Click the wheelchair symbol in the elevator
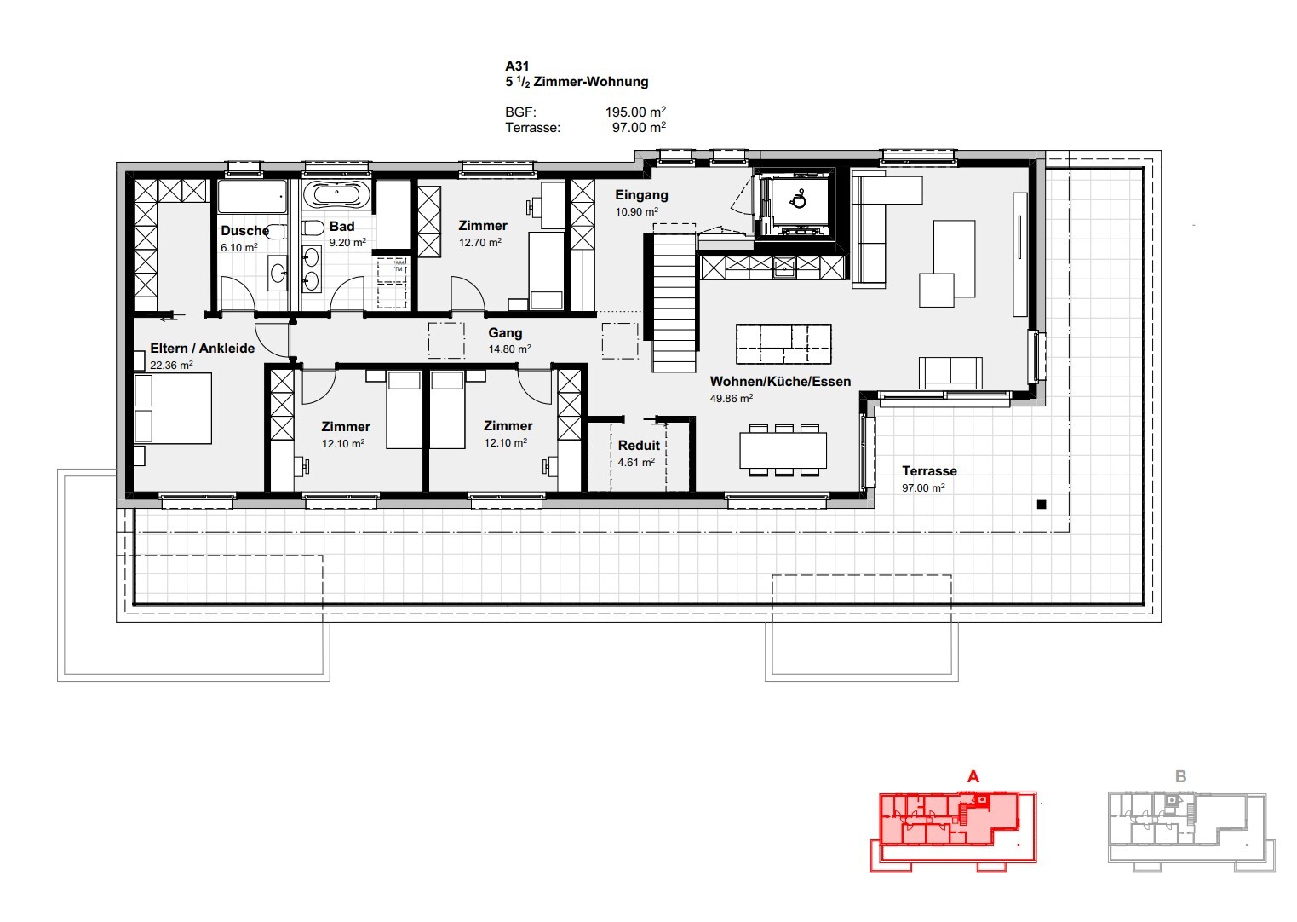click(799, 199)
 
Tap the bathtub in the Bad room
click(336, 193)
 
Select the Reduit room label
click(639, 445)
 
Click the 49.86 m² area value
click(732, 398)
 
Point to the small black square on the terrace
click(1041, 504)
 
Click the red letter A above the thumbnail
click(973, 776)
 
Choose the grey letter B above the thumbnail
click(1180, 776)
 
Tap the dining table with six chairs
click(783, 450)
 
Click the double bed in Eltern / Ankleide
click(172, 408)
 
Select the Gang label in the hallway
click(505, 332)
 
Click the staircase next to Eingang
click(674, 302)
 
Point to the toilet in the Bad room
click(313, 228)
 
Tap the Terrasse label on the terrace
click(929, 471)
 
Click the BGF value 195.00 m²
click(635, 112)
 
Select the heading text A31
click(517, 66)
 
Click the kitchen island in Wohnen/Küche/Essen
click(783, 344)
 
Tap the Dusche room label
click(245, 231)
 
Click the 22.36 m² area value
click(171, 365)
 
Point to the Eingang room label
click(641, 195)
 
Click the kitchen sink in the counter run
click(785, 268)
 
